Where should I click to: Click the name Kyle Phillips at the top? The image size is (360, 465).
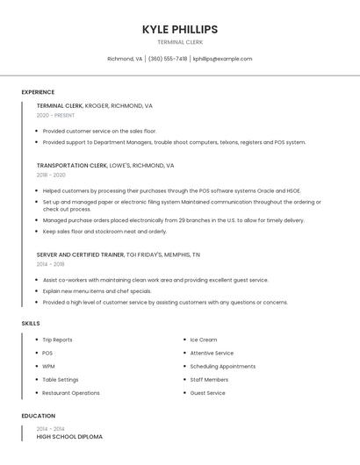click(179, 29)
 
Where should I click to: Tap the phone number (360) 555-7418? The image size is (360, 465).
click(167, 59)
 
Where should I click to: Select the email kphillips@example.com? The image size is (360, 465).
click(222, 59)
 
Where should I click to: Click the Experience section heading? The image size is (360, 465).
click(38, 92)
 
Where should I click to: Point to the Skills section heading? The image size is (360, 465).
click(31, 324)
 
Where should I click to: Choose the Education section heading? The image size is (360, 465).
click(38, 416)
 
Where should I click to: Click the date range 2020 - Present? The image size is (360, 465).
click(55, 115)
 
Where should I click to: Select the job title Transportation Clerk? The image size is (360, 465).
click(72, 165)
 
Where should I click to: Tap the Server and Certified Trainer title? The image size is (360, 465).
click(80, 254)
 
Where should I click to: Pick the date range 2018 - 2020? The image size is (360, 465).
click(51, 175)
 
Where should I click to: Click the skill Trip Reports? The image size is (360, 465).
click(57, 340)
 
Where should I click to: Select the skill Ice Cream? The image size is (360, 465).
click(203, 340)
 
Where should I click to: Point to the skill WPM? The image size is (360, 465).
click(48, 366)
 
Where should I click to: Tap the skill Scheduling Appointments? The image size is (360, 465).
click(222, 366)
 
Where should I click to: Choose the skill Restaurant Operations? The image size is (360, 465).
click(71, 393)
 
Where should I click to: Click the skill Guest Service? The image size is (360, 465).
click(207, 393)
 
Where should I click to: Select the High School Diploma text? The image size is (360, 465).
click(69, 436)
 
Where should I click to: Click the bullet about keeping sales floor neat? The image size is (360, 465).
click(104, 232)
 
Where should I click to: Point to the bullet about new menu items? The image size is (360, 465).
click(97, 290)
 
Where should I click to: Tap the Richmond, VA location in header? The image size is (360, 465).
click(125, 59)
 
